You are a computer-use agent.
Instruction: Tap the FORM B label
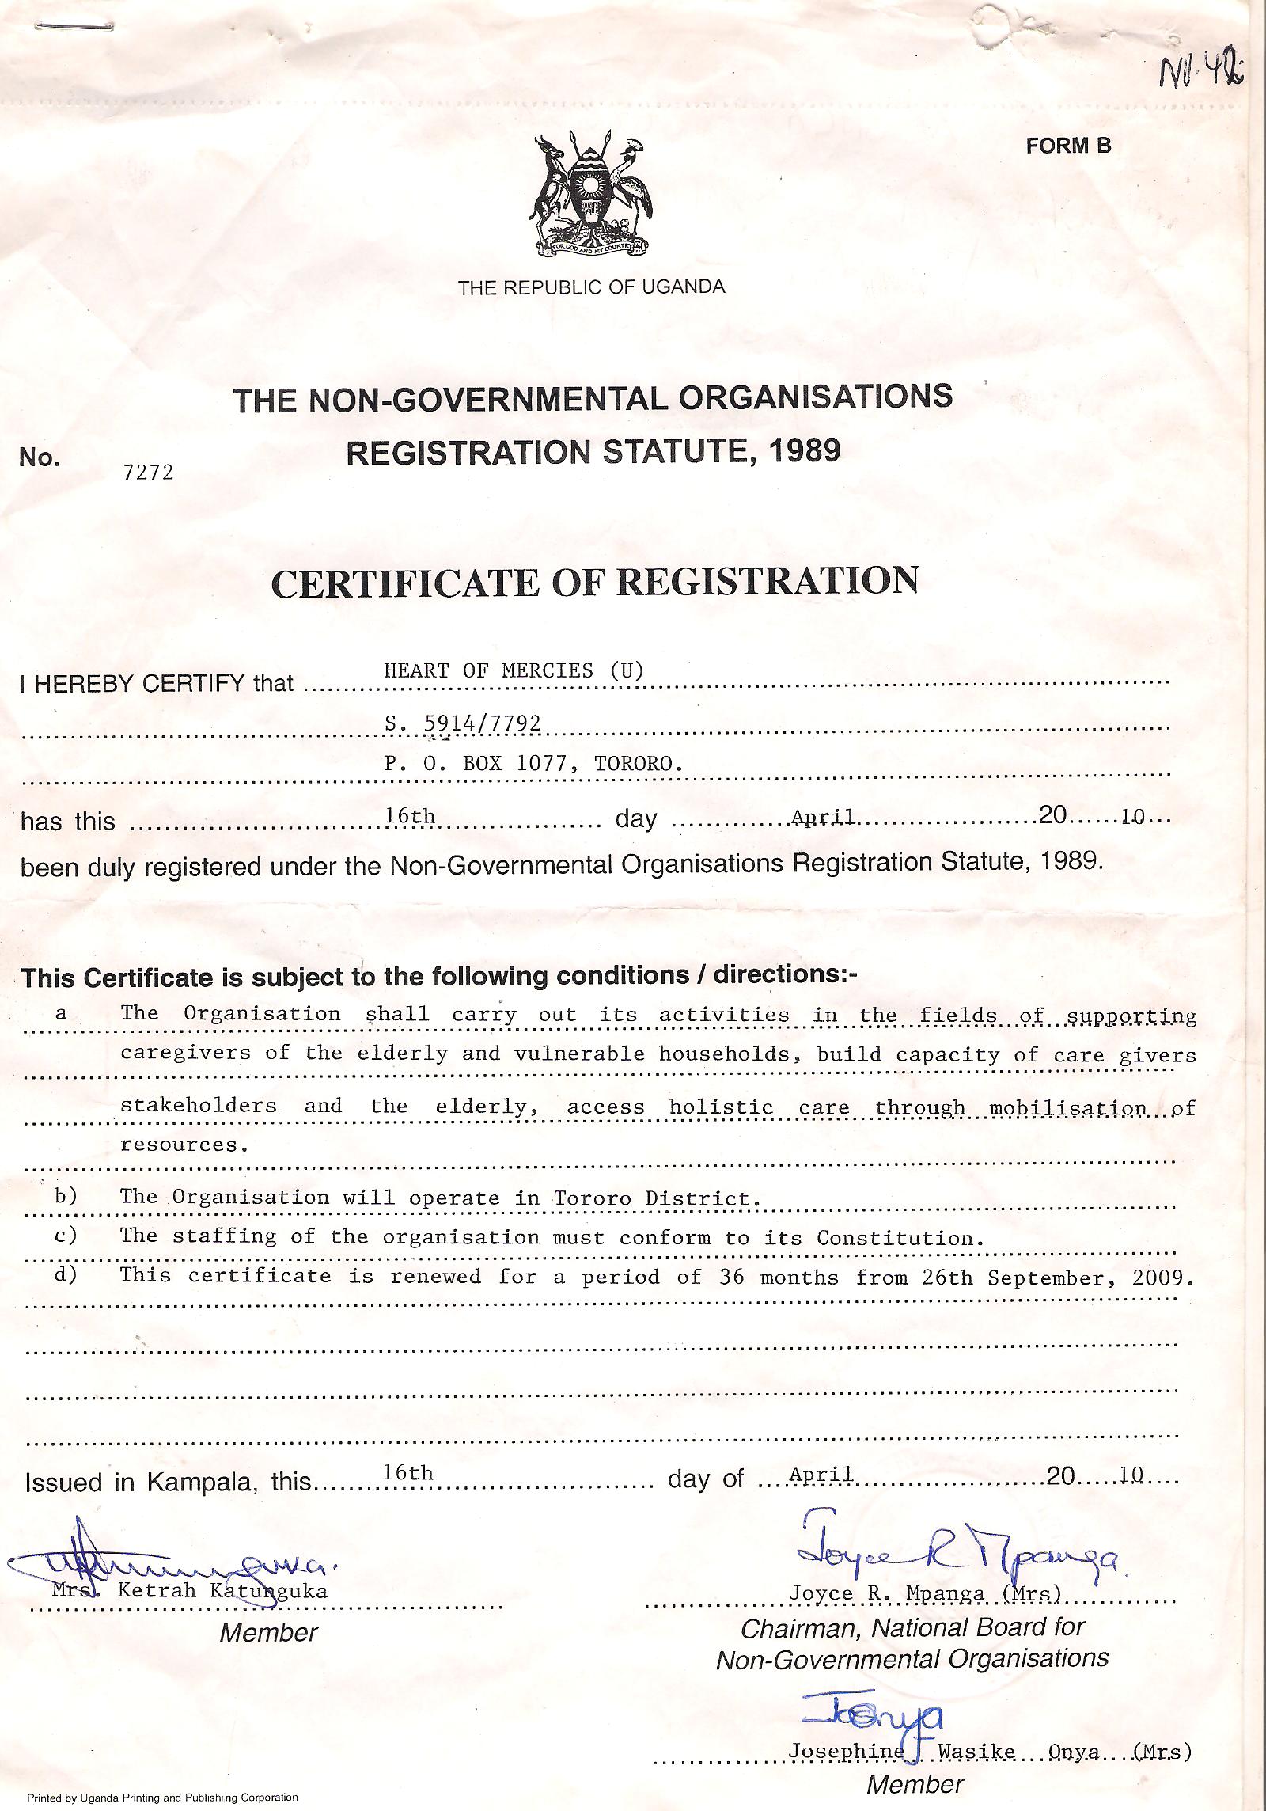(1068, 146)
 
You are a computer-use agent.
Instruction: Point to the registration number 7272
(148, 473)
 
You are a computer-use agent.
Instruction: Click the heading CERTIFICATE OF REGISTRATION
(594, 582)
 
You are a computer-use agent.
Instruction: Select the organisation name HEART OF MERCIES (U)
(514, 671)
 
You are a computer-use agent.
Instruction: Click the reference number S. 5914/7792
(463, 723)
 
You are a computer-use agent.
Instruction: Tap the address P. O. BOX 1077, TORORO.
(533, 764)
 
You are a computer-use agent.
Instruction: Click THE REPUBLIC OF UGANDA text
(591, 287)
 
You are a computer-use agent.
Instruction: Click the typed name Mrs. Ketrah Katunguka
(189, 1591)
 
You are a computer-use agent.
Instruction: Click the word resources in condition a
(179, 1145)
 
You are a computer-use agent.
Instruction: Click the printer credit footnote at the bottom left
(162, 1798)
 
